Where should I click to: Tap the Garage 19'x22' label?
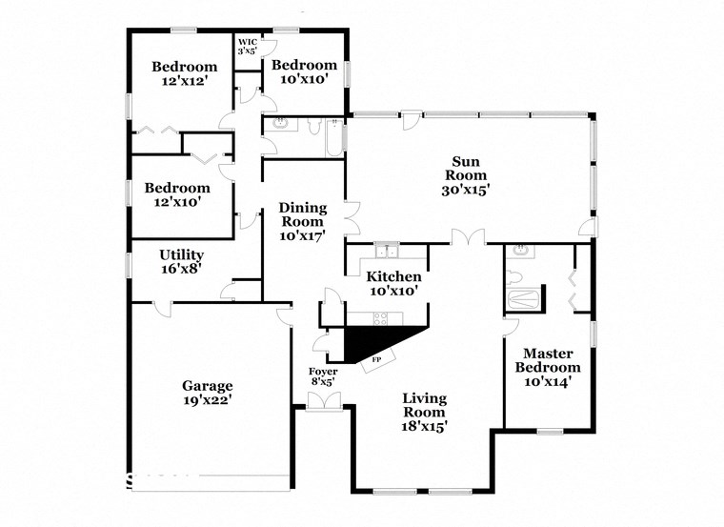(x=208, y=393)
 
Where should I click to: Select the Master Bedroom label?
(x=548, y=367)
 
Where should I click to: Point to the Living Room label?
(x=424, y=412)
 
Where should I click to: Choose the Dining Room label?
(x=302, y=221)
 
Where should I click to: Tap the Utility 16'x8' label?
(x=181, y=262)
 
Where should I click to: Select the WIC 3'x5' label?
(x=248, y=46)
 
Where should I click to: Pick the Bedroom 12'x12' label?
(x=185, y=74)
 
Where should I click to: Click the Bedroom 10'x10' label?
(x=305, y=71)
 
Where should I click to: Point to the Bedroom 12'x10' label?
(x=177, y=194)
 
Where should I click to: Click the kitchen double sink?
(x=386, y=252)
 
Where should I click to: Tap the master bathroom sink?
(x=520, y=253)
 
